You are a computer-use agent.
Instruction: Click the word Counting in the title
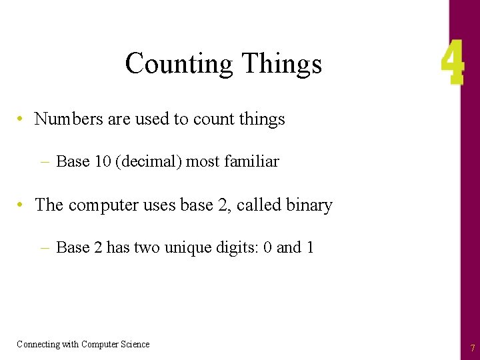[178, 65]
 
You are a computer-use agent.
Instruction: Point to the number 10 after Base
[102, 161]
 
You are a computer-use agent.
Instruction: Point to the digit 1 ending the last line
[310, 248]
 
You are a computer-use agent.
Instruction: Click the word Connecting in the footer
[37, 344]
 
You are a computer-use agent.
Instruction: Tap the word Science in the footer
[135, 344]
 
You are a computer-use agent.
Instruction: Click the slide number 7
[472, 348]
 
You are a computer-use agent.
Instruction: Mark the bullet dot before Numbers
[22, 119]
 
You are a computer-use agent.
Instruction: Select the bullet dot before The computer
[22, 205]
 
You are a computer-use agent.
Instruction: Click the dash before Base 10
[45, 161]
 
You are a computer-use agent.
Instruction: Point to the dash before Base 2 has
[45, 248]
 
